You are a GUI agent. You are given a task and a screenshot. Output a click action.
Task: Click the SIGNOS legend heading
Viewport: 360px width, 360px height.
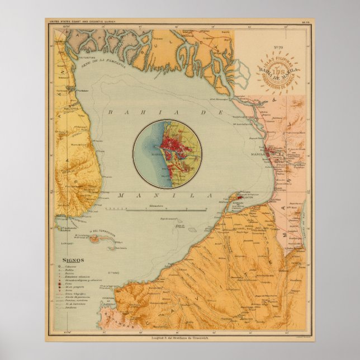tap(73, 260)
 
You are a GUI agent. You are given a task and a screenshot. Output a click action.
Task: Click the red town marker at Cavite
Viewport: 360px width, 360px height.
tap(239, 197)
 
